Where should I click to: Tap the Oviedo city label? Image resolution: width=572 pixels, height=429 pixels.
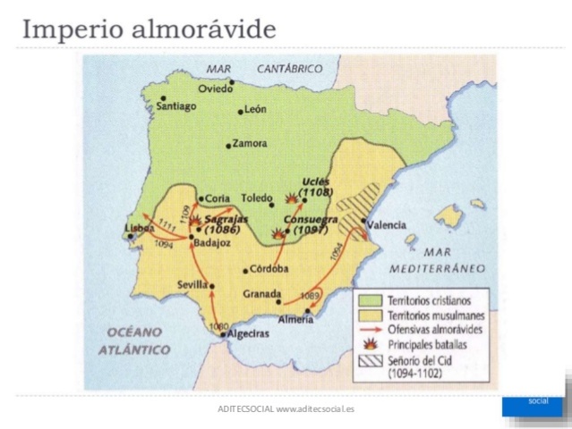215,88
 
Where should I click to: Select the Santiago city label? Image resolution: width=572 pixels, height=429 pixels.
176,106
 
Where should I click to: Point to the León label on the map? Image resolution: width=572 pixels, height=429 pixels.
255,110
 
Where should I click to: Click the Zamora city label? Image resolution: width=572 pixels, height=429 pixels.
249,143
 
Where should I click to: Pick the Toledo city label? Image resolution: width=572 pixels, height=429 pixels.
256,197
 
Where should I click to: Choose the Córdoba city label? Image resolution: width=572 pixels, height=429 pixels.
270,268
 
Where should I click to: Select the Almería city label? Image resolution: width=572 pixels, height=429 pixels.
296,319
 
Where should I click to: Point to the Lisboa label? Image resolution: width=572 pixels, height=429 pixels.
140,229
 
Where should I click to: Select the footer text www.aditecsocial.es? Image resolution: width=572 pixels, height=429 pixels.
315,408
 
